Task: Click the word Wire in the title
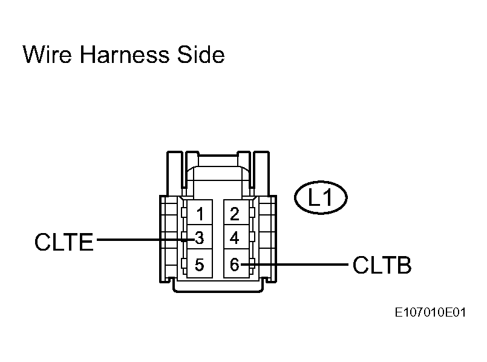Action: [47, 54]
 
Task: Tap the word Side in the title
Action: [201, 54]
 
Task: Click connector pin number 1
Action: [200, 214]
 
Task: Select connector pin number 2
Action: [235, 214]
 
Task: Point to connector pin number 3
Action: [200, 238]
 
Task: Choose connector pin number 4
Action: [235, 238]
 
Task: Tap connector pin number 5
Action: [200, 265]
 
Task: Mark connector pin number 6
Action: [235, 265]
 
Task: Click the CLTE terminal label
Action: [64, 242]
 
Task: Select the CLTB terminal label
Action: [382, 265]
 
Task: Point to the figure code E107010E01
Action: [431, 312]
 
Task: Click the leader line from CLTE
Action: [146, 240]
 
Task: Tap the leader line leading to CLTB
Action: [295, 265]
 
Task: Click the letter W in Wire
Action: [33, 54]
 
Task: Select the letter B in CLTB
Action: [404, 265]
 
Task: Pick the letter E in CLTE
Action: [86, 242]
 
